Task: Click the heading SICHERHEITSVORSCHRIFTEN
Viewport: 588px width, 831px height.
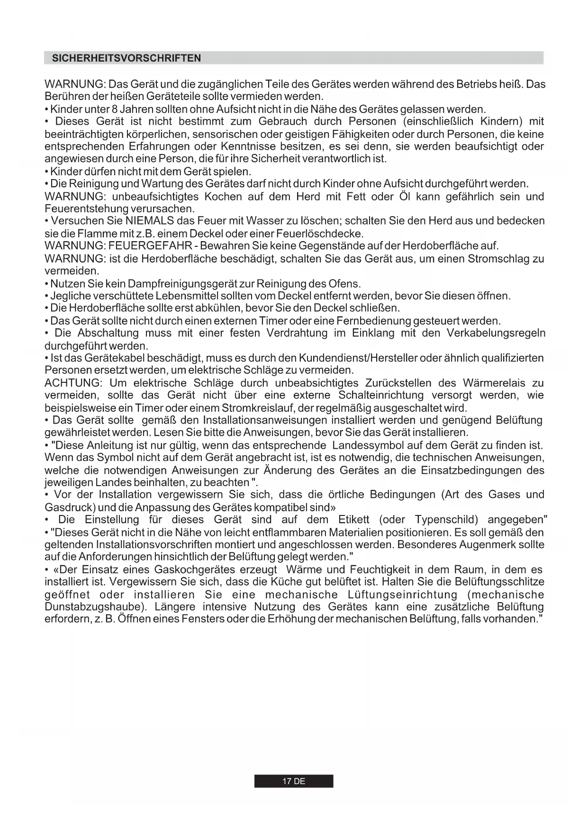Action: (126, 58)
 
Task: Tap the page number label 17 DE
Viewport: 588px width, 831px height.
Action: (294, 781)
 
